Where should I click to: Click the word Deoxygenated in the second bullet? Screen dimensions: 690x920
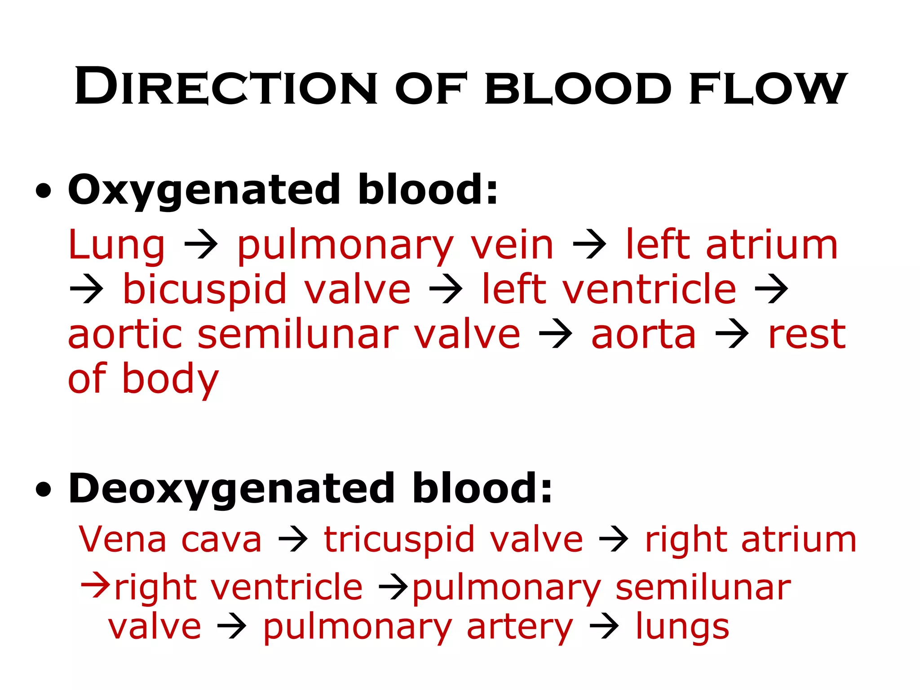[231, 489]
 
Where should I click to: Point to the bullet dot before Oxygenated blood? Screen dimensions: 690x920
[43, 191]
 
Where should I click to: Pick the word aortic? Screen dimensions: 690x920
[125, 335]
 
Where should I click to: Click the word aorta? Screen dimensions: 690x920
[643, 335]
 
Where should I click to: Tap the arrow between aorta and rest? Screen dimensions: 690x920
[732, 334]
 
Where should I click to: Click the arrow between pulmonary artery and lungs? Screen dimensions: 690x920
[604, 627]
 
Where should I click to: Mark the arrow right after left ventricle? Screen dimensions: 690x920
[771, 290]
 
